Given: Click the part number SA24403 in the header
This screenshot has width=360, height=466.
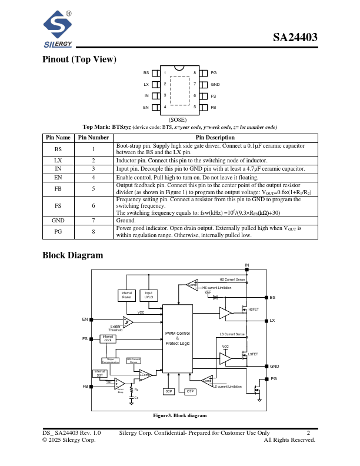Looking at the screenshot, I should [295, 38].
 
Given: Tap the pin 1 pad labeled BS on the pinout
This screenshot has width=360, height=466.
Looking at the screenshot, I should [156, 74].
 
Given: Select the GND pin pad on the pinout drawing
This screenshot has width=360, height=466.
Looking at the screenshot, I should [205, 85].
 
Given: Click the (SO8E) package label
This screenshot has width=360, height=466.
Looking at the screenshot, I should [178, 119].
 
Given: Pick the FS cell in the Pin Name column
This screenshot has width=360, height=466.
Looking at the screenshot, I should [58, 205].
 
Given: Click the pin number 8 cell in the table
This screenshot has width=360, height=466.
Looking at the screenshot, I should [93, 231].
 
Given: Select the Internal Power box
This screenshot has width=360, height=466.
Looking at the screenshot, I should [128, 295].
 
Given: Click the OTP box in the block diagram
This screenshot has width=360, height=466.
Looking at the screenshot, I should [190, 391].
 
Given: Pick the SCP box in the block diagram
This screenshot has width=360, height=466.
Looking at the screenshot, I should [169, 391].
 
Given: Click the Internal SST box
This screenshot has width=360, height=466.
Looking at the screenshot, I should [99, 373].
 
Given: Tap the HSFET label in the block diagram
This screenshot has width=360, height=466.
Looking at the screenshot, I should [253, 309].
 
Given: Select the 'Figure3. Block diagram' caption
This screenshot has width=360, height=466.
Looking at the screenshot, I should [180, 415].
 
